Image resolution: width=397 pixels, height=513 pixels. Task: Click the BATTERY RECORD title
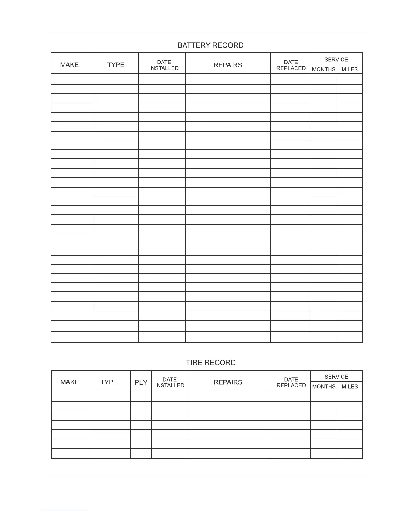click(x=211, y=45)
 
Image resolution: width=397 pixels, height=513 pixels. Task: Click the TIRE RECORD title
click(x=211, y=362)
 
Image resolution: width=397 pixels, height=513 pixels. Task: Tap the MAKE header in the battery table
click(x=69, y=65)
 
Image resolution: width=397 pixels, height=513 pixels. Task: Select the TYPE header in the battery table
click(x=116, y=65)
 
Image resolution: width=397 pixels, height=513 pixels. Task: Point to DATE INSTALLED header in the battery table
click(x=164, y=65)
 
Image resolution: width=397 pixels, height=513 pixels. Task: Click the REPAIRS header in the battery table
click(x=228, y=65)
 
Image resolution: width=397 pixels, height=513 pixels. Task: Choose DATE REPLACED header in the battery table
click(x=291, y=65)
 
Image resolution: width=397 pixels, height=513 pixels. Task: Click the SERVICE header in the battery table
click(x=336, y=59)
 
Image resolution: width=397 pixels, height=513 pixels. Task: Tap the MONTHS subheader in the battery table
click(x=324, y=69)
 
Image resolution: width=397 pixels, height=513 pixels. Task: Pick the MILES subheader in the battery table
click(x=350, y=69)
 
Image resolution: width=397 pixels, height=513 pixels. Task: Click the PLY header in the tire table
click(x=141, y=382)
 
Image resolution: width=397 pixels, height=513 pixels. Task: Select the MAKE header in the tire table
click(x=70, y=382)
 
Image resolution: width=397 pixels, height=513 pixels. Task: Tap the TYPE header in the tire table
click(x=109, y=382)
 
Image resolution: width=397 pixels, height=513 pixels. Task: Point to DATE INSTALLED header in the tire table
click(x=170, y=382)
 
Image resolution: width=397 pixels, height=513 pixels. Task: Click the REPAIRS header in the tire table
click(x=228, y=382)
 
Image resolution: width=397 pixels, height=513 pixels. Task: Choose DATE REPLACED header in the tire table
click(x=291, y=382)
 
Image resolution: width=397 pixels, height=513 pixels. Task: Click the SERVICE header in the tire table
click(x=336, y=377)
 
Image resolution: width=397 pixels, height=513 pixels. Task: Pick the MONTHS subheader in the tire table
click(x=324, y=386)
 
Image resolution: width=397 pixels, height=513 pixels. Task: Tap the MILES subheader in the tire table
click(x=350, y=386)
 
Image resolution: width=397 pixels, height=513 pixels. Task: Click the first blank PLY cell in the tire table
click(x=141, y=396)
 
